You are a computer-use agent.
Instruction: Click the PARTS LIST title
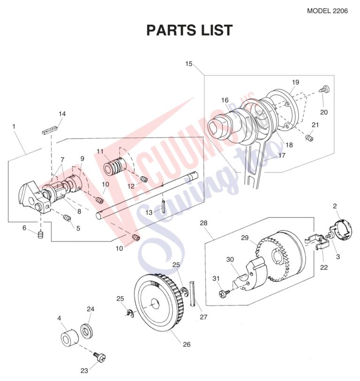point(189,30)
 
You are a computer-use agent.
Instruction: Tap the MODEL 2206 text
point(327,11)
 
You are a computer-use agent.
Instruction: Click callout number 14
point(62,114)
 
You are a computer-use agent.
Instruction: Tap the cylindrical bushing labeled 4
point(69,337)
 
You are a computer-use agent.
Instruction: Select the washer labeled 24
point(87,331)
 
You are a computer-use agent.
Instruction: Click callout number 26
point(187,344)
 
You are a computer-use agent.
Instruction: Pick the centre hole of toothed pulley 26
point(155,304)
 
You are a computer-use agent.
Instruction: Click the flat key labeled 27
point(193,293)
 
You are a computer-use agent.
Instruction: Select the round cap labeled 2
point(341,229)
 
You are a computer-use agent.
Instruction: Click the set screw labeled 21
point(309,138)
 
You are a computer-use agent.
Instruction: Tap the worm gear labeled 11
point(115,166)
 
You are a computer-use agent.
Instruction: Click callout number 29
point(245,238)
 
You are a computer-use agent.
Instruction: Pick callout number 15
point(188,64)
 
